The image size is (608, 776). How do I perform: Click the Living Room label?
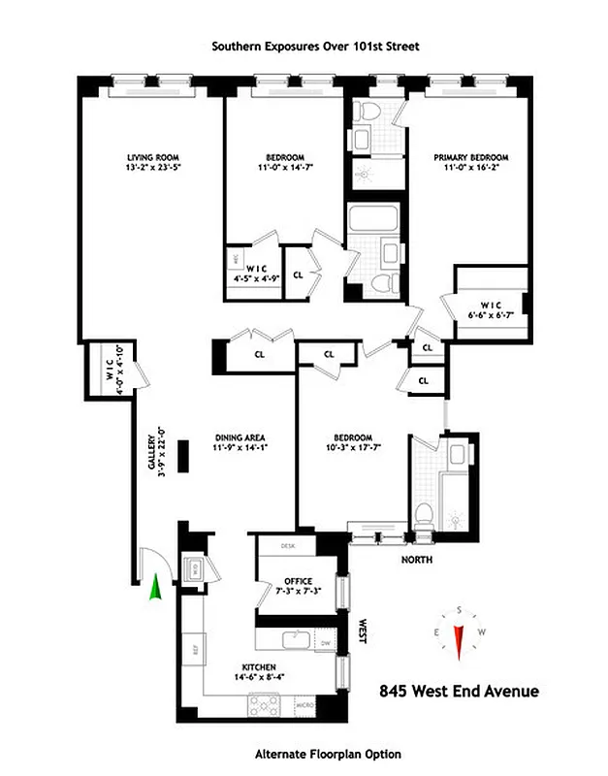click(153, 157)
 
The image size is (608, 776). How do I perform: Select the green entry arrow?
click(154, 589)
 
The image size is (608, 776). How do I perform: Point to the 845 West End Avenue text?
click(459, 692)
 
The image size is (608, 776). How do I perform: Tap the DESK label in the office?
click(287, 547)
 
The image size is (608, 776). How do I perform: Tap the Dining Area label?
click(240, 437)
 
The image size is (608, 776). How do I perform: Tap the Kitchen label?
click(260, 666)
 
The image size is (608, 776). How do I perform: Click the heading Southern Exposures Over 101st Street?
click(304, 46)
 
